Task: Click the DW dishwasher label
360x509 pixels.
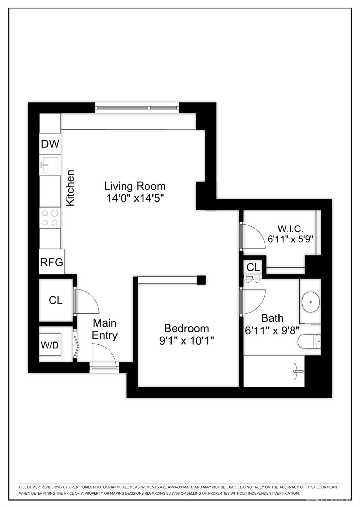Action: coord(50,144)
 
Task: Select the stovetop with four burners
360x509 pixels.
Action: coord(50,218)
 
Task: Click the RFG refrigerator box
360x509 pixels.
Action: coord(52,262)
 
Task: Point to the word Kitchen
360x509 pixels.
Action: coord(70,188)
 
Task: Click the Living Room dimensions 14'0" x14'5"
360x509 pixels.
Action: coord(136,198)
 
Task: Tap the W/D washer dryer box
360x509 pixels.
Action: coord(50,345)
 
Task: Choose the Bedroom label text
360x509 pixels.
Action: coord(186,328)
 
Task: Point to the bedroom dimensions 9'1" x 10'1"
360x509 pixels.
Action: coord(186,340)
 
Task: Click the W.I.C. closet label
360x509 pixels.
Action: coord(290,228)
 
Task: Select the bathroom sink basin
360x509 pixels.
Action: coord(310,301)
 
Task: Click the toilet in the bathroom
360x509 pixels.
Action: coord(309,341)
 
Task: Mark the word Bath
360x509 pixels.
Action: coord(272,318)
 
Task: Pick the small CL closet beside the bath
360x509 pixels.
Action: coord(253,267)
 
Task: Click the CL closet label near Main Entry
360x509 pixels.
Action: coord(56,300)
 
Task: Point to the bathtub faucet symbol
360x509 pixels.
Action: coord(297,371)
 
